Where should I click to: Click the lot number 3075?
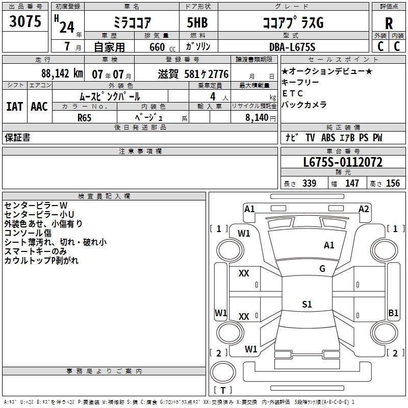25,22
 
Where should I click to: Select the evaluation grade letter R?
389,23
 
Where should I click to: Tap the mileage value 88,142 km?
61,73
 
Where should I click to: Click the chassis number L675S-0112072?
343,163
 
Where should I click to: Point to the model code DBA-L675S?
292,47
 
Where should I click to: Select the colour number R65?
84,117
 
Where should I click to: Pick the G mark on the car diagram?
322,269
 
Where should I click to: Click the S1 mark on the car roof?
307,304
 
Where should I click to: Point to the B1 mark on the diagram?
393,313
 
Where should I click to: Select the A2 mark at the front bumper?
364,209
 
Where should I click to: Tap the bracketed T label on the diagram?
223,390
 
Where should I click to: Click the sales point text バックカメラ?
304,105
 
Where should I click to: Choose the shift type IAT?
14,107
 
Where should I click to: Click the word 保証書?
17,138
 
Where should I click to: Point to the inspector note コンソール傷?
28,233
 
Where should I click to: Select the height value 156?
393,184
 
